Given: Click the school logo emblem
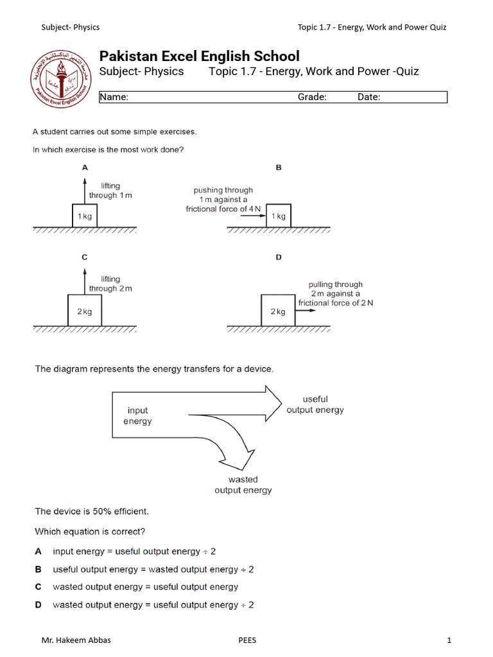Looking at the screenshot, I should coord(62,80).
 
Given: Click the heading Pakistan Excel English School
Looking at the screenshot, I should coord(199,56).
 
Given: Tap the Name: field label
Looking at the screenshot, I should coord(114,98).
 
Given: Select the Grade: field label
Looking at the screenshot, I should coord(312,98).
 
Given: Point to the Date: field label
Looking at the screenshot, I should coord(369,98).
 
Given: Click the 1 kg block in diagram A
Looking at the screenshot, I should coord(85,216).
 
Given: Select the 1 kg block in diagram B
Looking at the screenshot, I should coord(279,216).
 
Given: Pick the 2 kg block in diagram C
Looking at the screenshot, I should coord(85,311).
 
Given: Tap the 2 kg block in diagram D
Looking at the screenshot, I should coord(278,311).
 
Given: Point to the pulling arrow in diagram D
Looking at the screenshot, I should coord(306,311).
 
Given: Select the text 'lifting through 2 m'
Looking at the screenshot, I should coord(110,284).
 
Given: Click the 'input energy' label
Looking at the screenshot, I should coord(137,416).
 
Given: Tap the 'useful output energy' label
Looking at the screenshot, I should coord(315,404).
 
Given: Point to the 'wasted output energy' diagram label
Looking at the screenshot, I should coord(243,485).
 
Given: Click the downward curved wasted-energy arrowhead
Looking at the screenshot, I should coord(237,460).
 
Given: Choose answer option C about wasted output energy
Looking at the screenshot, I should coord(145,587).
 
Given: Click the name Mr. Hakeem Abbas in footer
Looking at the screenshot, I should coord(71,640).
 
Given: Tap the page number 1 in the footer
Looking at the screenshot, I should coord(449,640).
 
